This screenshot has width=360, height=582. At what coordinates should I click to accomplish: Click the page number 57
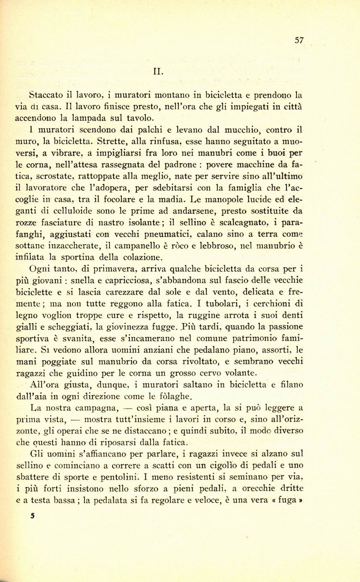pos(299,40)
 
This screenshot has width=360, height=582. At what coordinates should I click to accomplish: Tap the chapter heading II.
pos(159,71)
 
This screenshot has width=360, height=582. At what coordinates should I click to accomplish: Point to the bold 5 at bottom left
pos(33,516)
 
